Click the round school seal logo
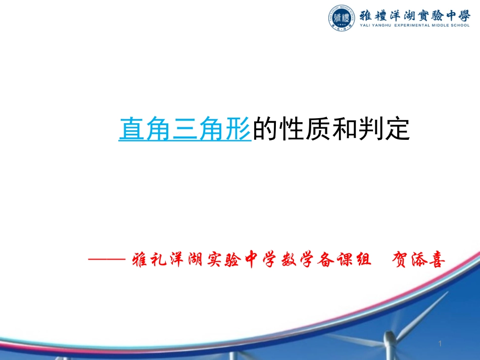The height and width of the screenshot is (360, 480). click(x=342, y=19)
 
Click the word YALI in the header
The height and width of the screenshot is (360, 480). click(x=366, y=25)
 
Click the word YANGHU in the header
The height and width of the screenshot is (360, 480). click(x=384, y=25)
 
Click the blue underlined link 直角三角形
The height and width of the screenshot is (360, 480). click(x=185, y=129)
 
